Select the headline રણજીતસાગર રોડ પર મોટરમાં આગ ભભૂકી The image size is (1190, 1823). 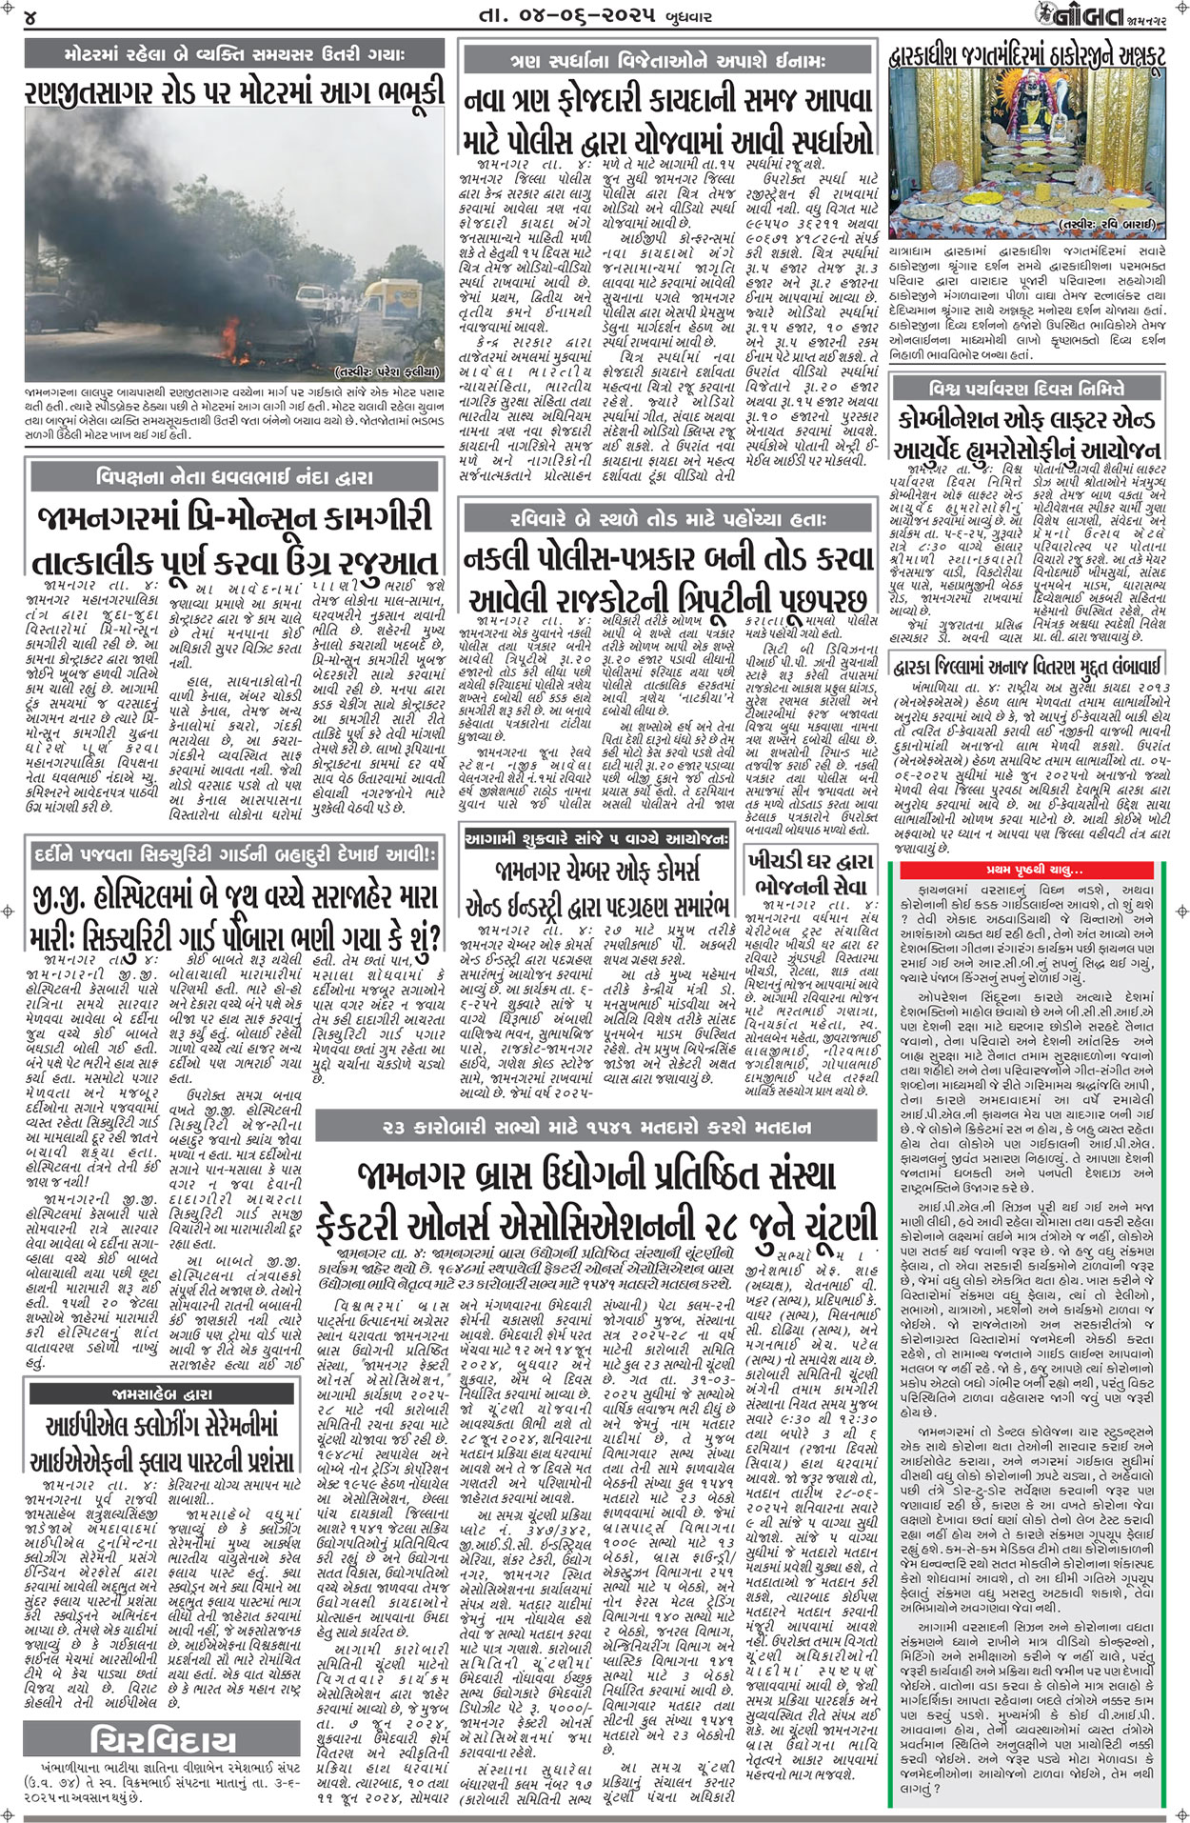pyautogui.click(x=234, y=92)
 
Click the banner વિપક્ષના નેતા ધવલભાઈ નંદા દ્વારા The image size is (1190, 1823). pyautogui.click(x=234, y=477)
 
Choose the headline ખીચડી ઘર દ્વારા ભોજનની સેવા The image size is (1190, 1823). pyautogui.click(x=810, y=872)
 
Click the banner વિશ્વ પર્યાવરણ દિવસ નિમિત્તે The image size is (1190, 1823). pyautogui.click(x=1026, y=389)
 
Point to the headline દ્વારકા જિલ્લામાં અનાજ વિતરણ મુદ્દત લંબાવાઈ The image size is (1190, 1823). pyautogui.click(x=1026, y=637)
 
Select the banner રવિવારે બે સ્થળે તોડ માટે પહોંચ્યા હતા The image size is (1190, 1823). pyautogui.click(x=665, y=520)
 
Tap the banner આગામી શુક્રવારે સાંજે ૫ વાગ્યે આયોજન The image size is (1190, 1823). pyautogui.click(x=596, y=838)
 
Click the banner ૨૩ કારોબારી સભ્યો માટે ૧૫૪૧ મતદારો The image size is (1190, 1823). pyautogui.click(x=596, y=1128)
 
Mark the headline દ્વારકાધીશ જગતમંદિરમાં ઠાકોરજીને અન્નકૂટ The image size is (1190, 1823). pyautogui.click(x=1026, y=58)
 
